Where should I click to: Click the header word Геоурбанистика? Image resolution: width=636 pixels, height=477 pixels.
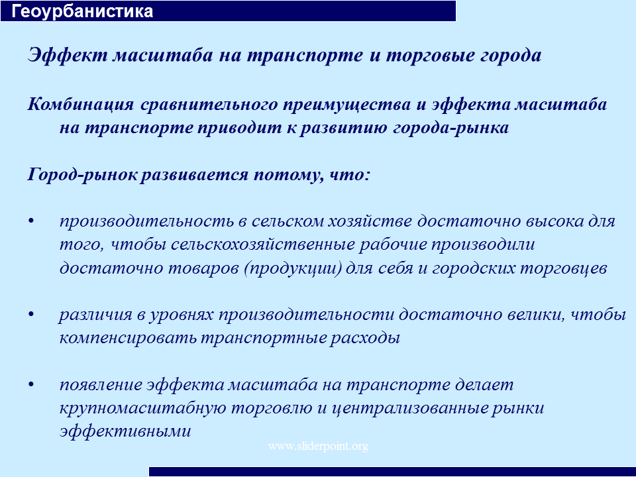[82, 11]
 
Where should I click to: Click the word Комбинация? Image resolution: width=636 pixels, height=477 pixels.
[81, 104]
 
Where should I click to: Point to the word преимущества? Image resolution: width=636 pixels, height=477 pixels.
[346, 105]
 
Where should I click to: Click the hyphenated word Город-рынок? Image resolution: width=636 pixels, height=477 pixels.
[81, 175]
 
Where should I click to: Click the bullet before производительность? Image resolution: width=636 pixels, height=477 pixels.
[32, 221]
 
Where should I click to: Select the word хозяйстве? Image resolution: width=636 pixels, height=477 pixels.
[370, 221]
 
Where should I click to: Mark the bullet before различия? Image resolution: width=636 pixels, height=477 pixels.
[32, 315]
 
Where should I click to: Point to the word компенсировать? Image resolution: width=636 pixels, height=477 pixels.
[128, 339]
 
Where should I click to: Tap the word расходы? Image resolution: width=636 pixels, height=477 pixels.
[365, 339]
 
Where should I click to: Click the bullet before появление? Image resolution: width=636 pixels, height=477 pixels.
[32, 385]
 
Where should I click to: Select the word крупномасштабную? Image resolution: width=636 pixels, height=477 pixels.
[143, 409]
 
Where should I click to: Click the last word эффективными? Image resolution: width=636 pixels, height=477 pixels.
[125, 431]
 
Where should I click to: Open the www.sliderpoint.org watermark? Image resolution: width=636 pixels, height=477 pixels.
[319, 447]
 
